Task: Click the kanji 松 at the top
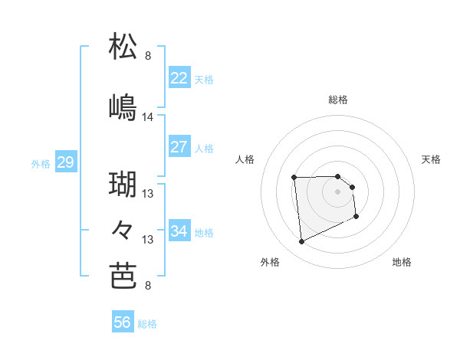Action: coord(123,47)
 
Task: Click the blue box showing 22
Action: coord(179,78)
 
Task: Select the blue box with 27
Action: coord(179,147)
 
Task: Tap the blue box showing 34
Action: coord(179,231)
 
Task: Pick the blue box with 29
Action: coord(65,162)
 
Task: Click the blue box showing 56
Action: coord(123,323)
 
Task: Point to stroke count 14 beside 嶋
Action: coord(148,117)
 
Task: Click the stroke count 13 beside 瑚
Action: coord(148,195)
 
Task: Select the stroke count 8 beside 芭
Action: coord(148,286)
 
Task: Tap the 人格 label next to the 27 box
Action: coord(204,148)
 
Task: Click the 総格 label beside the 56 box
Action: coord(147,324)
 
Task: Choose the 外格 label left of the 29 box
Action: coord(41,163)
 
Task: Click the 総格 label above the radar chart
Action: coord(338,100)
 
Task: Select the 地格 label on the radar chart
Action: coord(402,262)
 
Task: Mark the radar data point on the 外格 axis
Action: coord(301,242)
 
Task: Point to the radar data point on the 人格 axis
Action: coord(294,178)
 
